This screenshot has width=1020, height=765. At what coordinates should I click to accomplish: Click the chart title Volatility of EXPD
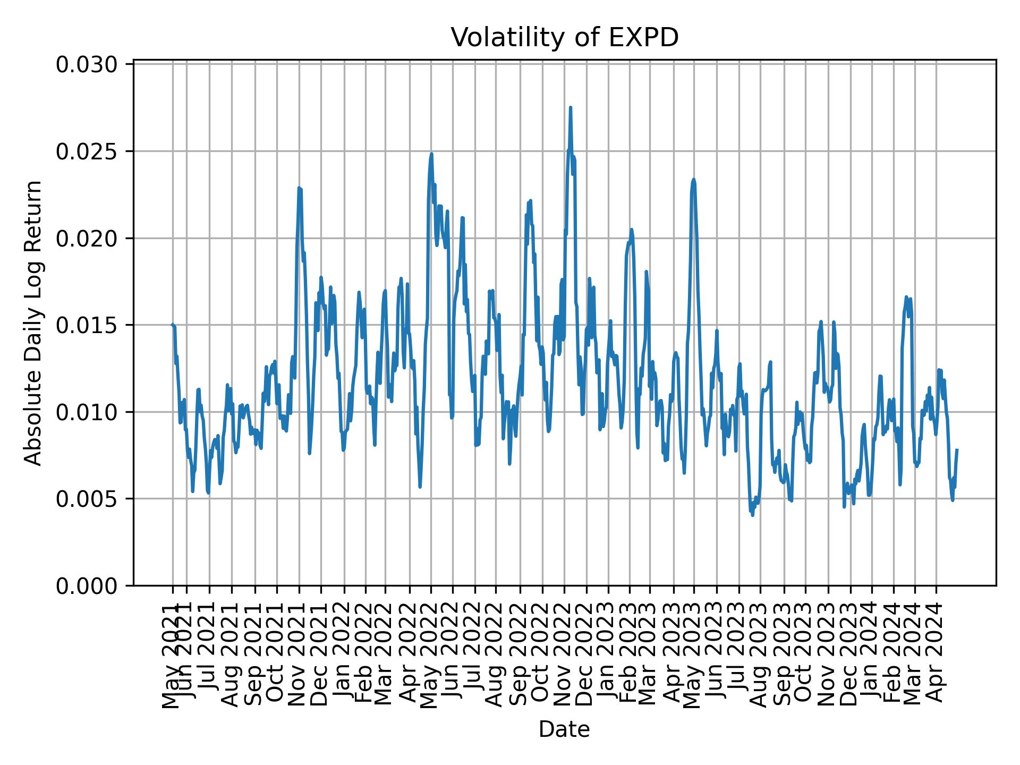tap(564, 38)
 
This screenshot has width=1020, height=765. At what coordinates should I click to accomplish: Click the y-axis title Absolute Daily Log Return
tap(34, 323)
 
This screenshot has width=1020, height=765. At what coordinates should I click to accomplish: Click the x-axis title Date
tap(564, 729)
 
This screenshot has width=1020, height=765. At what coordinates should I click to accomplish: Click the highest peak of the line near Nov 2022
tap(570, 107)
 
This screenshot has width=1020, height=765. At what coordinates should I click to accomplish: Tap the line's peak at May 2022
tap(431, 154)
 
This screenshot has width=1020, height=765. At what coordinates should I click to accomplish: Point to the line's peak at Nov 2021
tap(299, 188)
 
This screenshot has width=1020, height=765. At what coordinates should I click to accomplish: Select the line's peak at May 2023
tap(693, 180)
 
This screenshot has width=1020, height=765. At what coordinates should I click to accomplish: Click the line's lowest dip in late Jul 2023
tap(752, 515)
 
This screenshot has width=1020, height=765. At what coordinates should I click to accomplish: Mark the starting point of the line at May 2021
tap(172, 325)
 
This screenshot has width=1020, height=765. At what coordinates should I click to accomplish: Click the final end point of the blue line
tap(957, 450)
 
